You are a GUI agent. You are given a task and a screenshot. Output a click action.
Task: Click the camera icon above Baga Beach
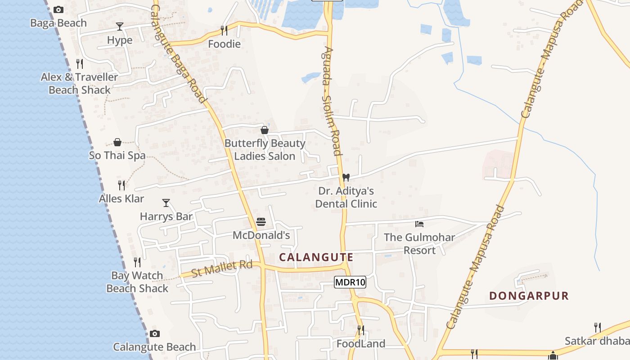pyautogui.click(x=58, y=9)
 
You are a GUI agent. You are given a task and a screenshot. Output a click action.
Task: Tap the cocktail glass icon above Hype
pyautogui.click(x=120, y=26)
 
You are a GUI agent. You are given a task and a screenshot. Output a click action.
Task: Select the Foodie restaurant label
pyautogui.click(x=224, y=44)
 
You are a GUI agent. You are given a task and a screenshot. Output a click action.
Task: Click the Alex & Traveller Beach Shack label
pyautogui.click(x=79, y=83)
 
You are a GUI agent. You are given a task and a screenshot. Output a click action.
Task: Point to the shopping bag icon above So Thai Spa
pyautogui.click(x=117, y=143)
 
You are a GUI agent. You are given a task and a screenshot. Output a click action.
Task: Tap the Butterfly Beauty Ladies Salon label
pyautogui.click(x=265, y=150)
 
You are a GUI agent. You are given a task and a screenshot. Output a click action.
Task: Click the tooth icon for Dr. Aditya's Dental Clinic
pyautogui.click(x=346, y=177)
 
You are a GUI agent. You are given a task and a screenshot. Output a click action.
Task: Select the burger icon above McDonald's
pyautogui.click(x=261, y=222)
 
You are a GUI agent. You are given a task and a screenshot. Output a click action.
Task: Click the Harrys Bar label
pyautogui.click(x=166, y=216)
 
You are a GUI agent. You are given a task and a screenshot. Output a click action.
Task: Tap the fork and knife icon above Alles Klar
pyautogui.click(x=121, y=184)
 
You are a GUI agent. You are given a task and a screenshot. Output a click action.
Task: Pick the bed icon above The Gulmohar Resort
pyautogui.click(x=419, y=224)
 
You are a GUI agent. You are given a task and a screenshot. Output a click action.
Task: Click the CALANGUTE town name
pyautogui.click(x=316, y=257)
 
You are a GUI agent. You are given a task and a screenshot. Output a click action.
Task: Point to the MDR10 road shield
pyautogui.click(x=350, y=283)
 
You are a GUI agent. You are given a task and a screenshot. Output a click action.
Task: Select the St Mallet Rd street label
pyautogui.click(x=222, y=269)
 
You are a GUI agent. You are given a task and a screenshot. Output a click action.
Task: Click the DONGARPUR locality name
pyautogui.click(x=529, y=296)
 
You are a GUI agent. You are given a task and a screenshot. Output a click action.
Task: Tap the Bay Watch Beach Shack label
pyautogui.click(x=137, y=282)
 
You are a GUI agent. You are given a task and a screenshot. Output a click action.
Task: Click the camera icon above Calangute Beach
pyautogui.click(x=155, y=333)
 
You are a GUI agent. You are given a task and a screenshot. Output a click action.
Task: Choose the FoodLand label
pyautogui.click(x=361, y=344)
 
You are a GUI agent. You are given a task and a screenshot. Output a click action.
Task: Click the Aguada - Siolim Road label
pyautogui.click(x=332, y=101)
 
